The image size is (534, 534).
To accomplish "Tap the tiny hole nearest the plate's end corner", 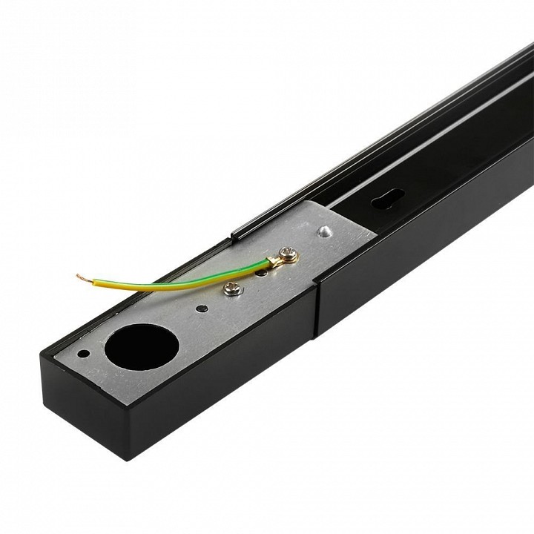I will (84, 354).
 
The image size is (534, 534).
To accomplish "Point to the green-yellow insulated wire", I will (185, 277).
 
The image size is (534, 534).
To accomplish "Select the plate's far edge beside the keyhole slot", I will (363, 222).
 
